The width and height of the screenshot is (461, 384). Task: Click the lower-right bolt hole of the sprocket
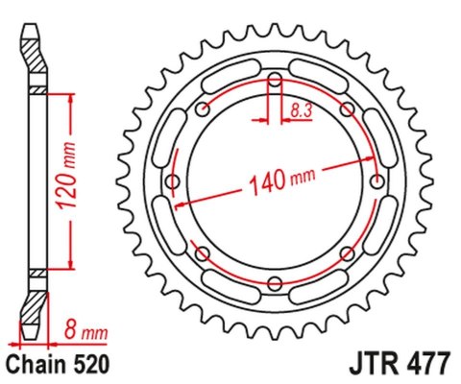(347, 252)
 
